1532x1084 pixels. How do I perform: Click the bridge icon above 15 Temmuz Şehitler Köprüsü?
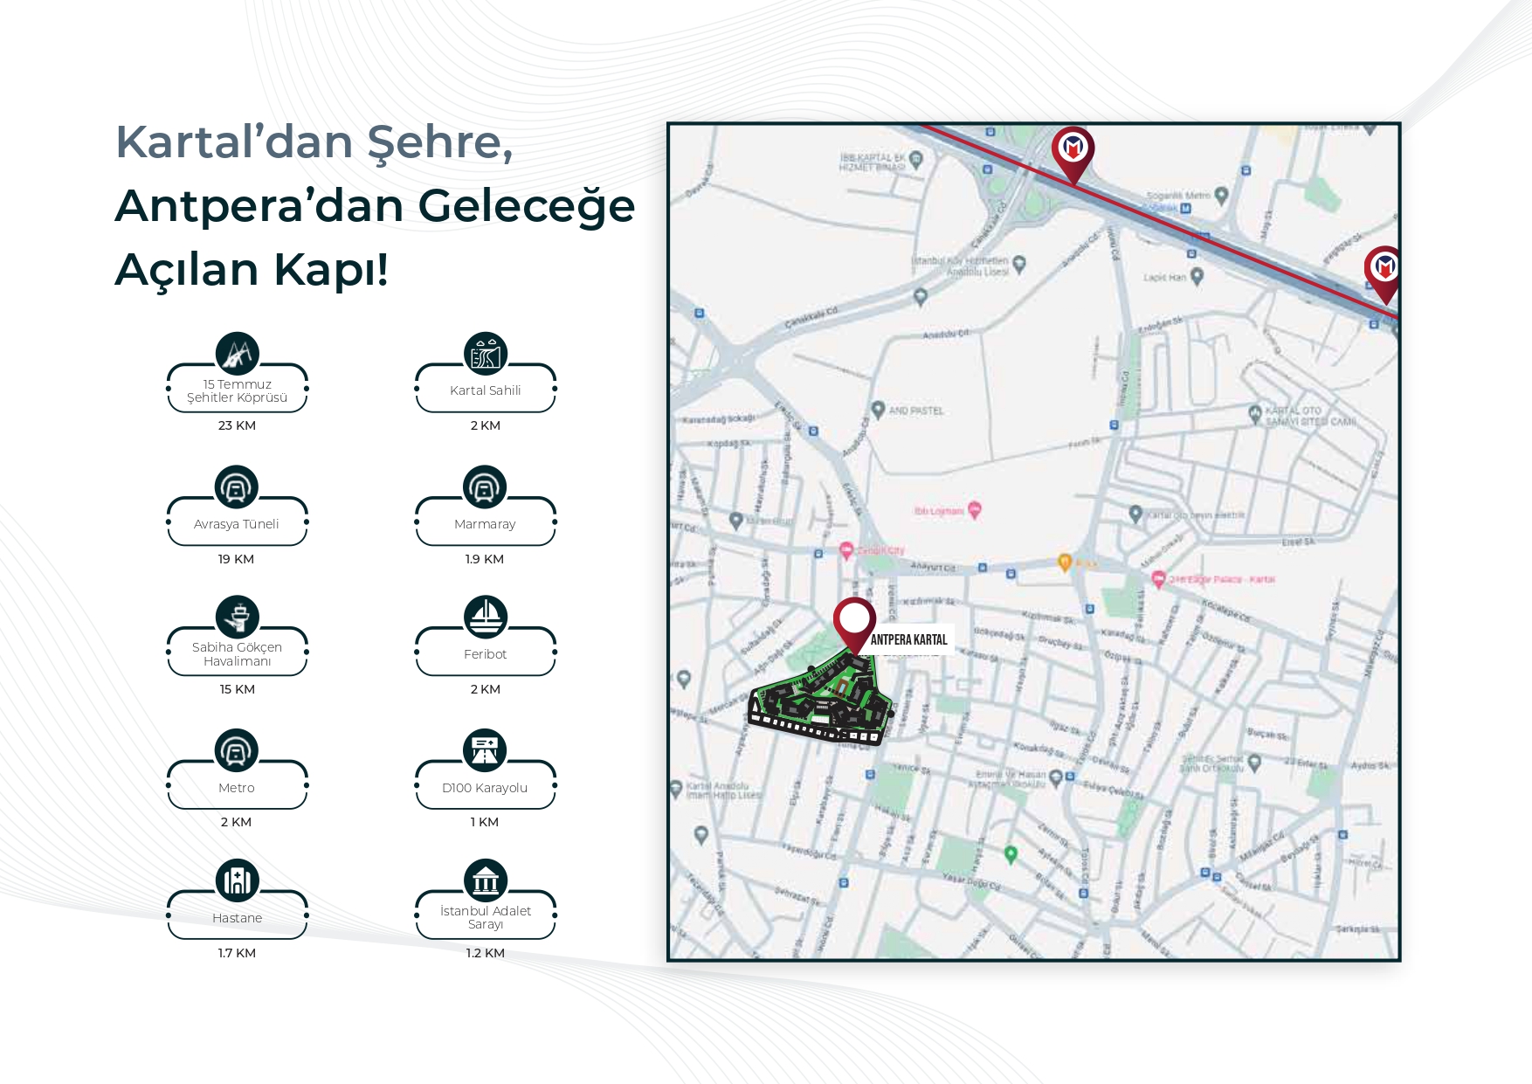[238, 354]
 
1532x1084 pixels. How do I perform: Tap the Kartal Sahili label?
[485, 390]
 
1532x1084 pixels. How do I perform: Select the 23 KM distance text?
[237, 425]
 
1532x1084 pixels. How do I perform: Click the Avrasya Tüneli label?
[237, 524]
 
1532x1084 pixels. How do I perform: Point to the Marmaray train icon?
[485, 487]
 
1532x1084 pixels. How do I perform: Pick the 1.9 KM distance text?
[485, 559]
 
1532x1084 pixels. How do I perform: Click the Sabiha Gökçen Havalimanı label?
[237, 654]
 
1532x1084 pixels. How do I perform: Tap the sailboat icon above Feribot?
[485, 617]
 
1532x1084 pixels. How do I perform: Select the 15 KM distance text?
[237, 689]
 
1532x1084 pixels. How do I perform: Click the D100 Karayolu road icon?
[485, 749]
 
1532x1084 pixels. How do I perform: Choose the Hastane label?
[237, 918]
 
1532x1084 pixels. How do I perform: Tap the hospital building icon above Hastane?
[238, 880]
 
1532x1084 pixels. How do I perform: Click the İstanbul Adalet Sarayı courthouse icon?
[485, 880]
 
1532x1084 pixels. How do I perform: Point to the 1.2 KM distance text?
[485, 953]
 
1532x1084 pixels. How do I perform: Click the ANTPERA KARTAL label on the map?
[908, 639]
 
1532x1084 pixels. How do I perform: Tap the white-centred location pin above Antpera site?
[854, 619]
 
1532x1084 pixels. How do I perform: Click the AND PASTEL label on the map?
[915, 411]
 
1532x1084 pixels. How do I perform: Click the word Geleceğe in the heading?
[526, 206]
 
